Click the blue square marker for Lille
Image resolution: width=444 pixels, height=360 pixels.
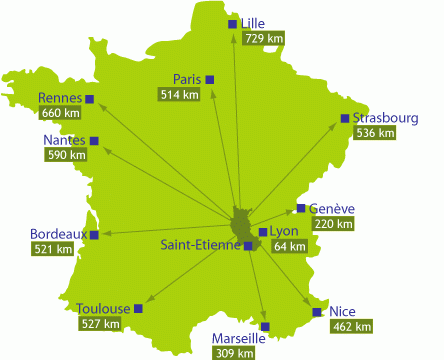pyautogui.click(x=233, y=23)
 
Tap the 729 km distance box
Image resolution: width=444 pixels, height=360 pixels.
pyautogui.click(x=263, y=38)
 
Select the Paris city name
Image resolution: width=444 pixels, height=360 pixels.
pyautogui.click(x=187, y=79)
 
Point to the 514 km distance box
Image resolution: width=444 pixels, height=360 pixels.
pyautogui.click(x=179, y=94)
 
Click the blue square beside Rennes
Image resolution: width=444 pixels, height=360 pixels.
pyautogui.click(x=90, y=98)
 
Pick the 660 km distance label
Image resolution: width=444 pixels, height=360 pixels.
pyautogui.click(x=60, y=113)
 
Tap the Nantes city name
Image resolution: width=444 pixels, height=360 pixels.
pyautogui.click(x=64, y=140)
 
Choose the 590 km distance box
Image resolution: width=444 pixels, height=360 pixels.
pyautogui.click(x=64, y=155)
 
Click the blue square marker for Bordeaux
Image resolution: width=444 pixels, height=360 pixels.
pyautogui.click(x=95, y=235)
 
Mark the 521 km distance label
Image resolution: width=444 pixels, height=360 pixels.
pyautogui.click(x=52, y=248)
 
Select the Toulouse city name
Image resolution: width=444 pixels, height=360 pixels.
pyautogui.click(x=103, y=308)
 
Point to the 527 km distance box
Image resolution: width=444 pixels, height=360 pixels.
pyautogui.click(x=100, y=323)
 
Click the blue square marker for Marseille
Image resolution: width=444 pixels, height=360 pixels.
pyautogui.click(x=265, y=326)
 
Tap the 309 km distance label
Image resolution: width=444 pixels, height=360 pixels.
pyautogui.click(x=234, y=353)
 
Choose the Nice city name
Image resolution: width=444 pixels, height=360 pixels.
pyautogui.click(x=342, y=311)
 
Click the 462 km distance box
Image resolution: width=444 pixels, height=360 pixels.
pyautogui.click(x=351, y=326)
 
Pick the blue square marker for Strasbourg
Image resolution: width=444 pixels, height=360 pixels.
pyautogui.click(x=345, y=118)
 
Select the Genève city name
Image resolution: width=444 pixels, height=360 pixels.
pyautogui.click(x=332, y=209)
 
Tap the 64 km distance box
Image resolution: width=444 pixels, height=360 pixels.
pyautogui.click(x=289, y=246)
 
